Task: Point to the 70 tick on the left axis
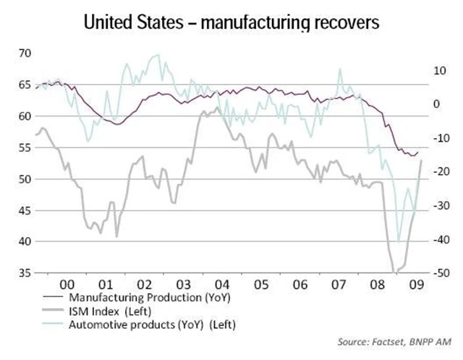(x=25, y=53)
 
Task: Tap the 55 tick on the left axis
(x=25, y=147)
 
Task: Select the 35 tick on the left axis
(x=25, y=273)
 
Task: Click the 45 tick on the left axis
(x=25, y=210)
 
